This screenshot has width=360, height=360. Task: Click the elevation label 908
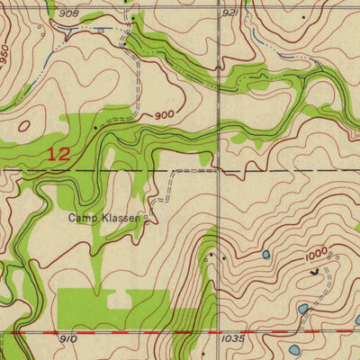point(68,13)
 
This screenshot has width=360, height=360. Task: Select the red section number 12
point(58,154)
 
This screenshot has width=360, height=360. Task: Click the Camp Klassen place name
point(105,218)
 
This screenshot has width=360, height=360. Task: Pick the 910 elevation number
point(68,338)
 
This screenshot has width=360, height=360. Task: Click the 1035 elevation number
point(232,339)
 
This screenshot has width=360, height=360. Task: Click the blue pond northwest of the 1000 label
point(265,255)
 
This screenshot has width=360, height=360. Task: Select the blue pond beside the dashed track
point(303,309)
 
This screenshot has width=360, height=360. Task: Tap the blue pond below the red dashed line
point(294,349)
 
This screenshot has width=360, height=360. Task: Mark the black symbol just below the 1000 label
point(313,270)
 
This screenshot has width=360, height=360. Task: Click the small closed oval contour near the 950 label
point(24,127)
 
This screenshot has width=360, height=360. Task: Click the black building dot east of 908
point(133,17)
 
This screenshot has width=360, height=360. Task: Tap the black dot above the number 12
point(95,129)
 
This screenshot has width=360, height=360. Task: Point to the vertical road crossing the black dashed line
point(219,168)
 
